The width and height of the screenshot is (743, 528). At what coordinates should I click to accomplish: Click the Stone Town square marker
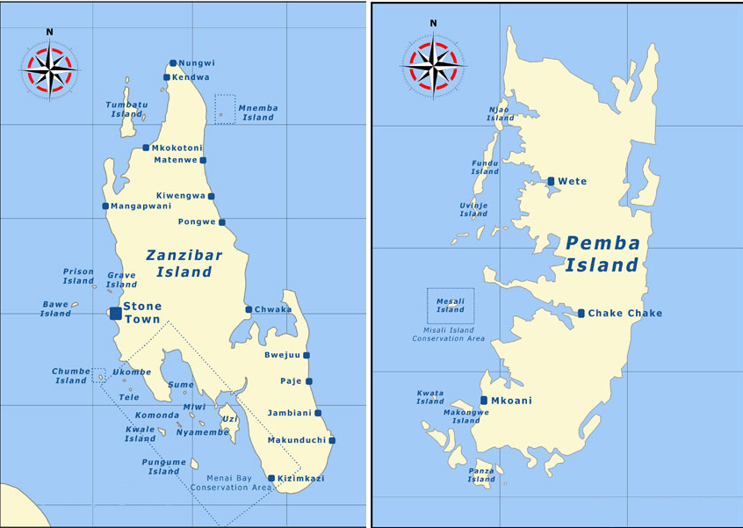click(x=116, y=313)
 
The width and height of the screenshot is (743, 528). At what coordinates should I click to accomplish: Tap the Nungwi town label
click(x=196, y=63)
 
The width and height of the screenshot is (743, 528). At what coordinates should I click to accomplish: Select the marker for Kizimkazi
click(x=271, y=479)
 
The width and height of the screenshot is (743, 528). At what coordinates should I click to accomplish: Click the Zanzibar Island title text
click(x=184, y=264)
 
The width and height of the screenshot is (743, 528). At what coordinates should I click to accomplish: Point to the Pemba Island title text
click(x=602, y=254)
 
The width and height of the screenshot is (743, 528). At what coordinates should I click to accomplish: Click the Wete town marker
click(x=551, y=181)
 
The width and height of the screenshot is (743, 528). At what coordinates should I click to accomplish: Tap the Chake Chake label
click(x=625, y=314)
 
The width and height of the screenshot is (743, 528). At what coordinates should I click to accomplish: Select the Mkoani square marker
click(x=484, y=401)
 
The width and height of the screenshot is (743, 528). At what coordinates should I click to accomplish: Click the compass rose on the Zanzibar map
click(x=50, y=68)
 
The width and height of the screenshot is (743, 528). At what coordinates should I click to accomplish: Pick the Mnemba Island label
click(x=258, y=112)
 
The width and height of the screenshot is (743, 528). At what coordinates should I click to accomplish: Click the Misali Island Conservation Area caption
click(x=449, y=334)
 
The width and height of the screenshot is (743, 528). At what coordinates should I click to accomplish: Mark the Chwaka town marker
click(x=249, y=309)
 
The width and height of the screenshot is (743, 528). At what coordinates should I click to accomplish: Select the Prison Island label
click(x=78, y=276)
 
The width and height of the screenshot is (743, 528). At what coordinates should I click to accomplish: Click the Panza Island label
click(x=481, y=474)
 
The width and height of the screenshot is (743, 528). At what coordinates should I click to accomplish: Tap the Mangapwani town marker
click(x=105, y=206)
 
